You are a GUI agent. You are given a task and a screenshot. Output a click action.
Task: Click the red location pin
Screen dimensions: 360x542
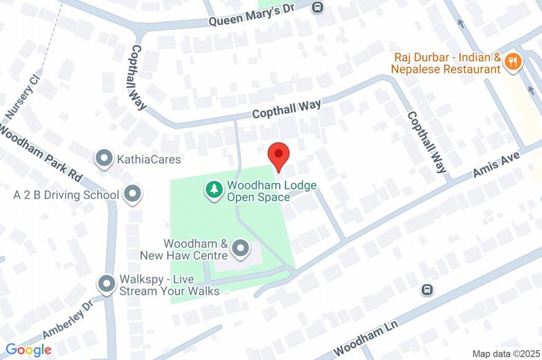278,156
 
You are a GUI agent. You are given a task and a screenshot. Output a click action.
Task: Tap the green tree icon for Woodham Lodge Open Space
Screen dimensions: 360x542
214,190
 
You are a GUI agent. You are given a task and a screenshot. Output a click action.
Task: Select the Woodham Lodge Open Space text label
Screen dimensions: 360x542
272,191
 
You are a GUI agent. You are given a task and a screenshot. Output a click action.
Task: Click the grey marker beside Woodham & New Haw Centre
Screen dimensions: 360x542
241,249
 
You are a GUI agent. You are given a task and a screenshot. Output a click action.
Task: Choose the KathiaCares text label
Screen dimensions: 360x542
149,159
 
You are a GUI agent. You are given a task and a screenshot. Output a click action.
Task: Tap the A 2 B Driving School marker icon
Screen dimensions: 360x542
132,194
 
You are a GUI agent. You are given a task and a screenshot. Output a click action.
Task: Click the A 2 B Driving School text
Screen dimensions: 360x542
66,195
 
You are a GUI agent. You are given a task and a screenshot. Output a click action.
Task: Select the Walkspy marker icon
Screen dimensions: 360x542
107,284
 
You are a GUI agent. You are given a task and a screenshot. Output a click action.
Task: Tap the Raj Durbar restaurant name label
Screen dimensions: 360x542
447,63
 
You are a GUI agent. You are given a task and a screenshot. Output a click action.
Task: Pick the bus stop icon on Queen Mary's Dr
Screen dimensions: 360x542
318,7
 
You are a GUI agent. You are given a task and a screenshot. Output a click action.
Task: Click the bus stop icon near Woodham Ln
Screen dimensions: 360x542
427,290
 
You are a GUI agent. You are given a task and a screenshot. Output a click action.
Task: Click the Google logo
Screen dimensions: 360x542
29,349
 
